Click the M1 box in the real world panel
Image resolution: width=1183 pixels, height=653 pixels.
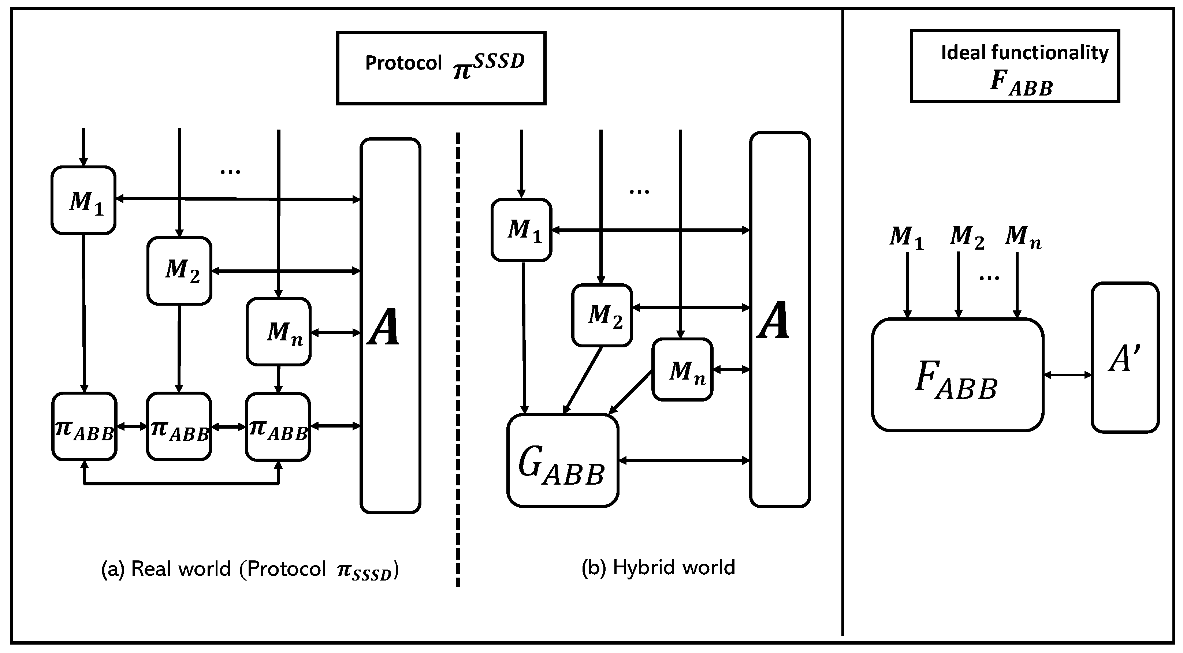83,201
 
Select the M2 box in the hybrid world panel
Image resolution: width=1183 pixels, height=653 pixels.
602,315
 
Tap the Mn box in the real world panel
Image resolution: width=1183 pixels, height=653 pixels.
278,332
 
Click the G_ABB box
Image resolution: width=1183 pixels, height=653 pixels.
562,460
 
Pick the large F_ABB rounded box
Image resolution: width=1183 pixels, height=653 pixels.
957,375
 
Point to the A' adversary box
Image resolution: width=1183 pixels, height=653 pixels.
1125,358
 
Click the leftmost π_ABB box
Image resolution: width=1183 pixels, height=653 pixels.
84,426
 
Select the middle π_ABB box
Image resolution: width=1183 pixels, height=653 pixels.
179,426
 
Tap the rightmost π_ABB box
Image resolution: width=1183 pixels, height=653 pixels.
278,426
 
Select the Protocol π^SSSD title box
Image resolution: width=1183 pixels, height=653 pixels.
441,68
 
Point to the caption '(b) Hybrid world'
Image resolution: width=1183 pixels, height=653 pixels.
658,568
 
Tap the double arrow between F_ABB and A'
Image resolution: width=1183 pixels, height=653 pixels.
1067,375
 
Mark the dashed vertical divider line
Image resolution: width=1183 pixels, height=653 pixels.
458,358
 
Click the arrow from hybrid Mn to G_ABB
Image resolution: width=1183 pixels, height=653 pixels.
630,391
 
